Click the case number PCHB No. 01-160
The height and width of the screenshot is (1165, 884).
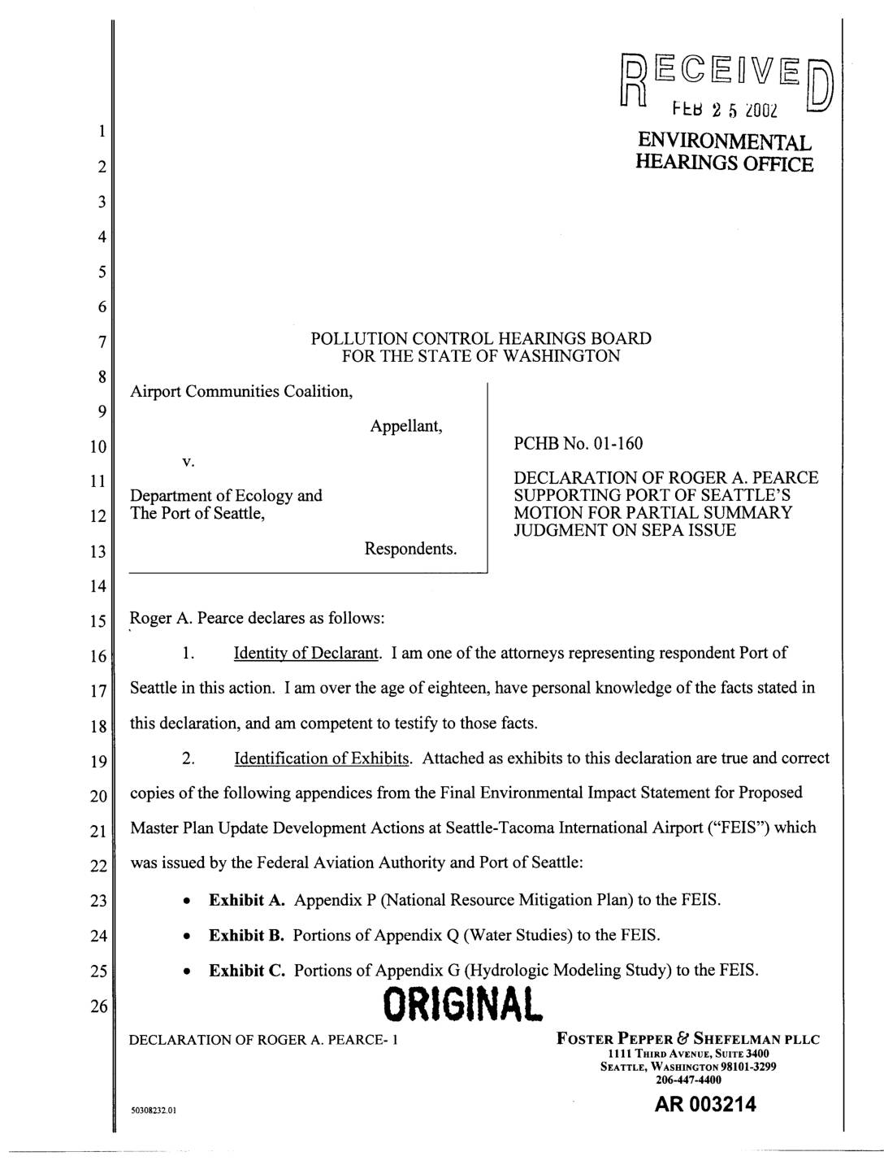point(578,443)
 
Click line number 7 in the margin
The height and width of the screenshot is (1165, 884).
point(102,342)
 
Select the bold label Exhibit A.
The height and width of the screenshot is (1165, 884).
point(247,900)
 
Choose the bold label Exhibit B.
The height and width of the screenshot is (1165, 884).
point(247,935)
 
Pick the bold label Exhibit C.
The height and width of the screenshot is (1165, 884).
point(247,970)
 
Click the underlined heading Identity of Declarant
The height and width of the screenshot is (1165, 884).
point(307,653)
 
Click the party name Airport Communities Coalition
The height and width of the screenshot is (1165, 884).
point(241,391)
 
